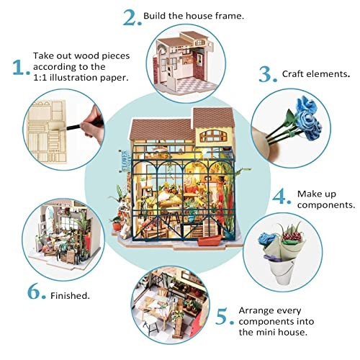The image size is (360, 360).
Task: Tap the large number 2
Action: tap(131, 17)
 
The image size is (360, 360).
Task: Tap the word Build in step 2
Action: tap(157, 15)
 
